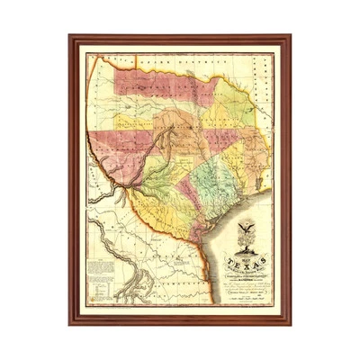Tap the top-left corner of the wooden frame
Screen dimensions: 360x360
click(71, 37)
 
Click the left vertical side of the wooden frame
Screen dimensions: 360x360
click(73, 180)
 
